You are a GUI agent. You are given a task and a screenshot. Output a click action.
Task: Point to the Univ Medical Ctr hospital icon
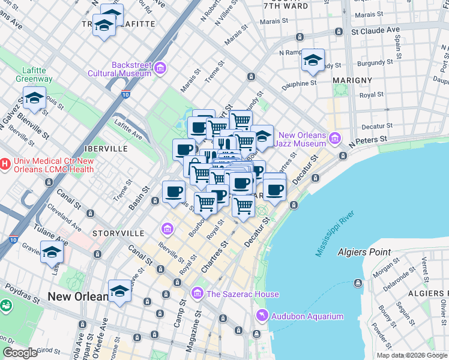click(5, 163)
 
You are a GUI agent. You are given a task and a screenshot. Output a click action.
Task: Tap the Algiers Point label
click(364, 252)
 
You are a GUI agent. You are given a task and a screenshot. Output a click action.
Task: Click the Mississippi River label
click(336, 233)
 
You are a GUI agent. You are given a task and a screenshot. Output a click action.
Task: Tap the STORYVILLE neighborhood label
click(118, 232)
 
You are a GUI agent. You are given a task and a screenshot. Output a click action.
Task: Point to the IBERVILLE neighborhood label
click(106, 148)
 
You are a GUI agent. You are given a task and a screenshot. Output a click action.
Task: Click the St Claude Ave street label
click(375, 29)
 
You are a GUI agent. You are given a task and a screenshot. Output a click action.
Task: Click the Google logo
click(20, 353)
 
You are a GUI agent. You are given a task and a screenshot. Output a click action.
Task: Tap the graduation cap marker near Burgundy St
click(313, 61)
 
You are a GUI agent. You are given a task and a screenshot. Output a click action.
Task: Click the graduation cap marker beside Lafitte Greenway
click(35, 99)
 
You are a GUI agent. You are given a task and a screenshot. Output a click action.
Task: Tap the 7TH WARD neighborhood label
click(288, 7)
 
